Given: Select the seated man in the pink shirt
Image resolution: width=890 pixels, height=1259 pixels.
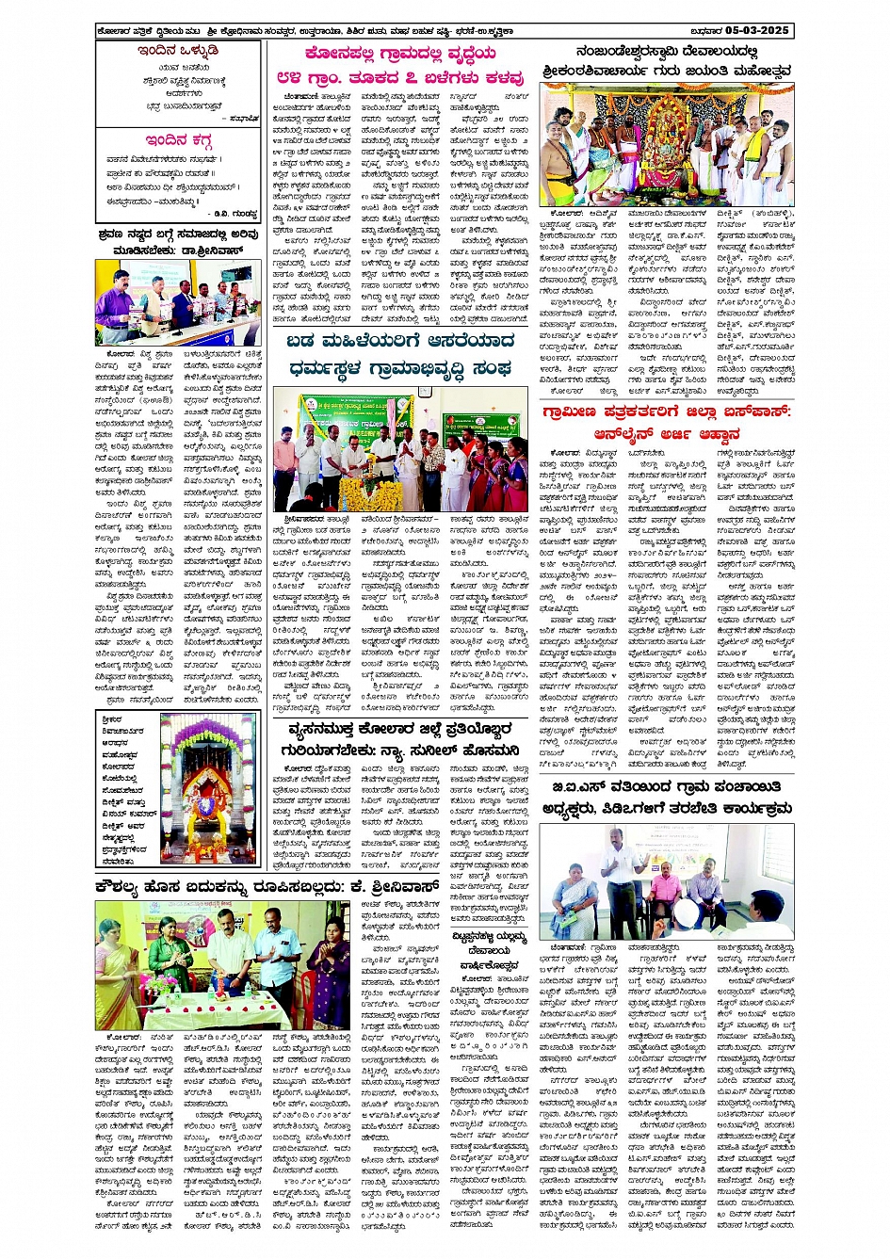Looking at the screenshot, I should pos(667,891).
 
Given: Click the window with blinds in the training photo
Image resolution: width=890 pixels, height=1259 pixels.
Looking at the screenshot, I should pos(752,851).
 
